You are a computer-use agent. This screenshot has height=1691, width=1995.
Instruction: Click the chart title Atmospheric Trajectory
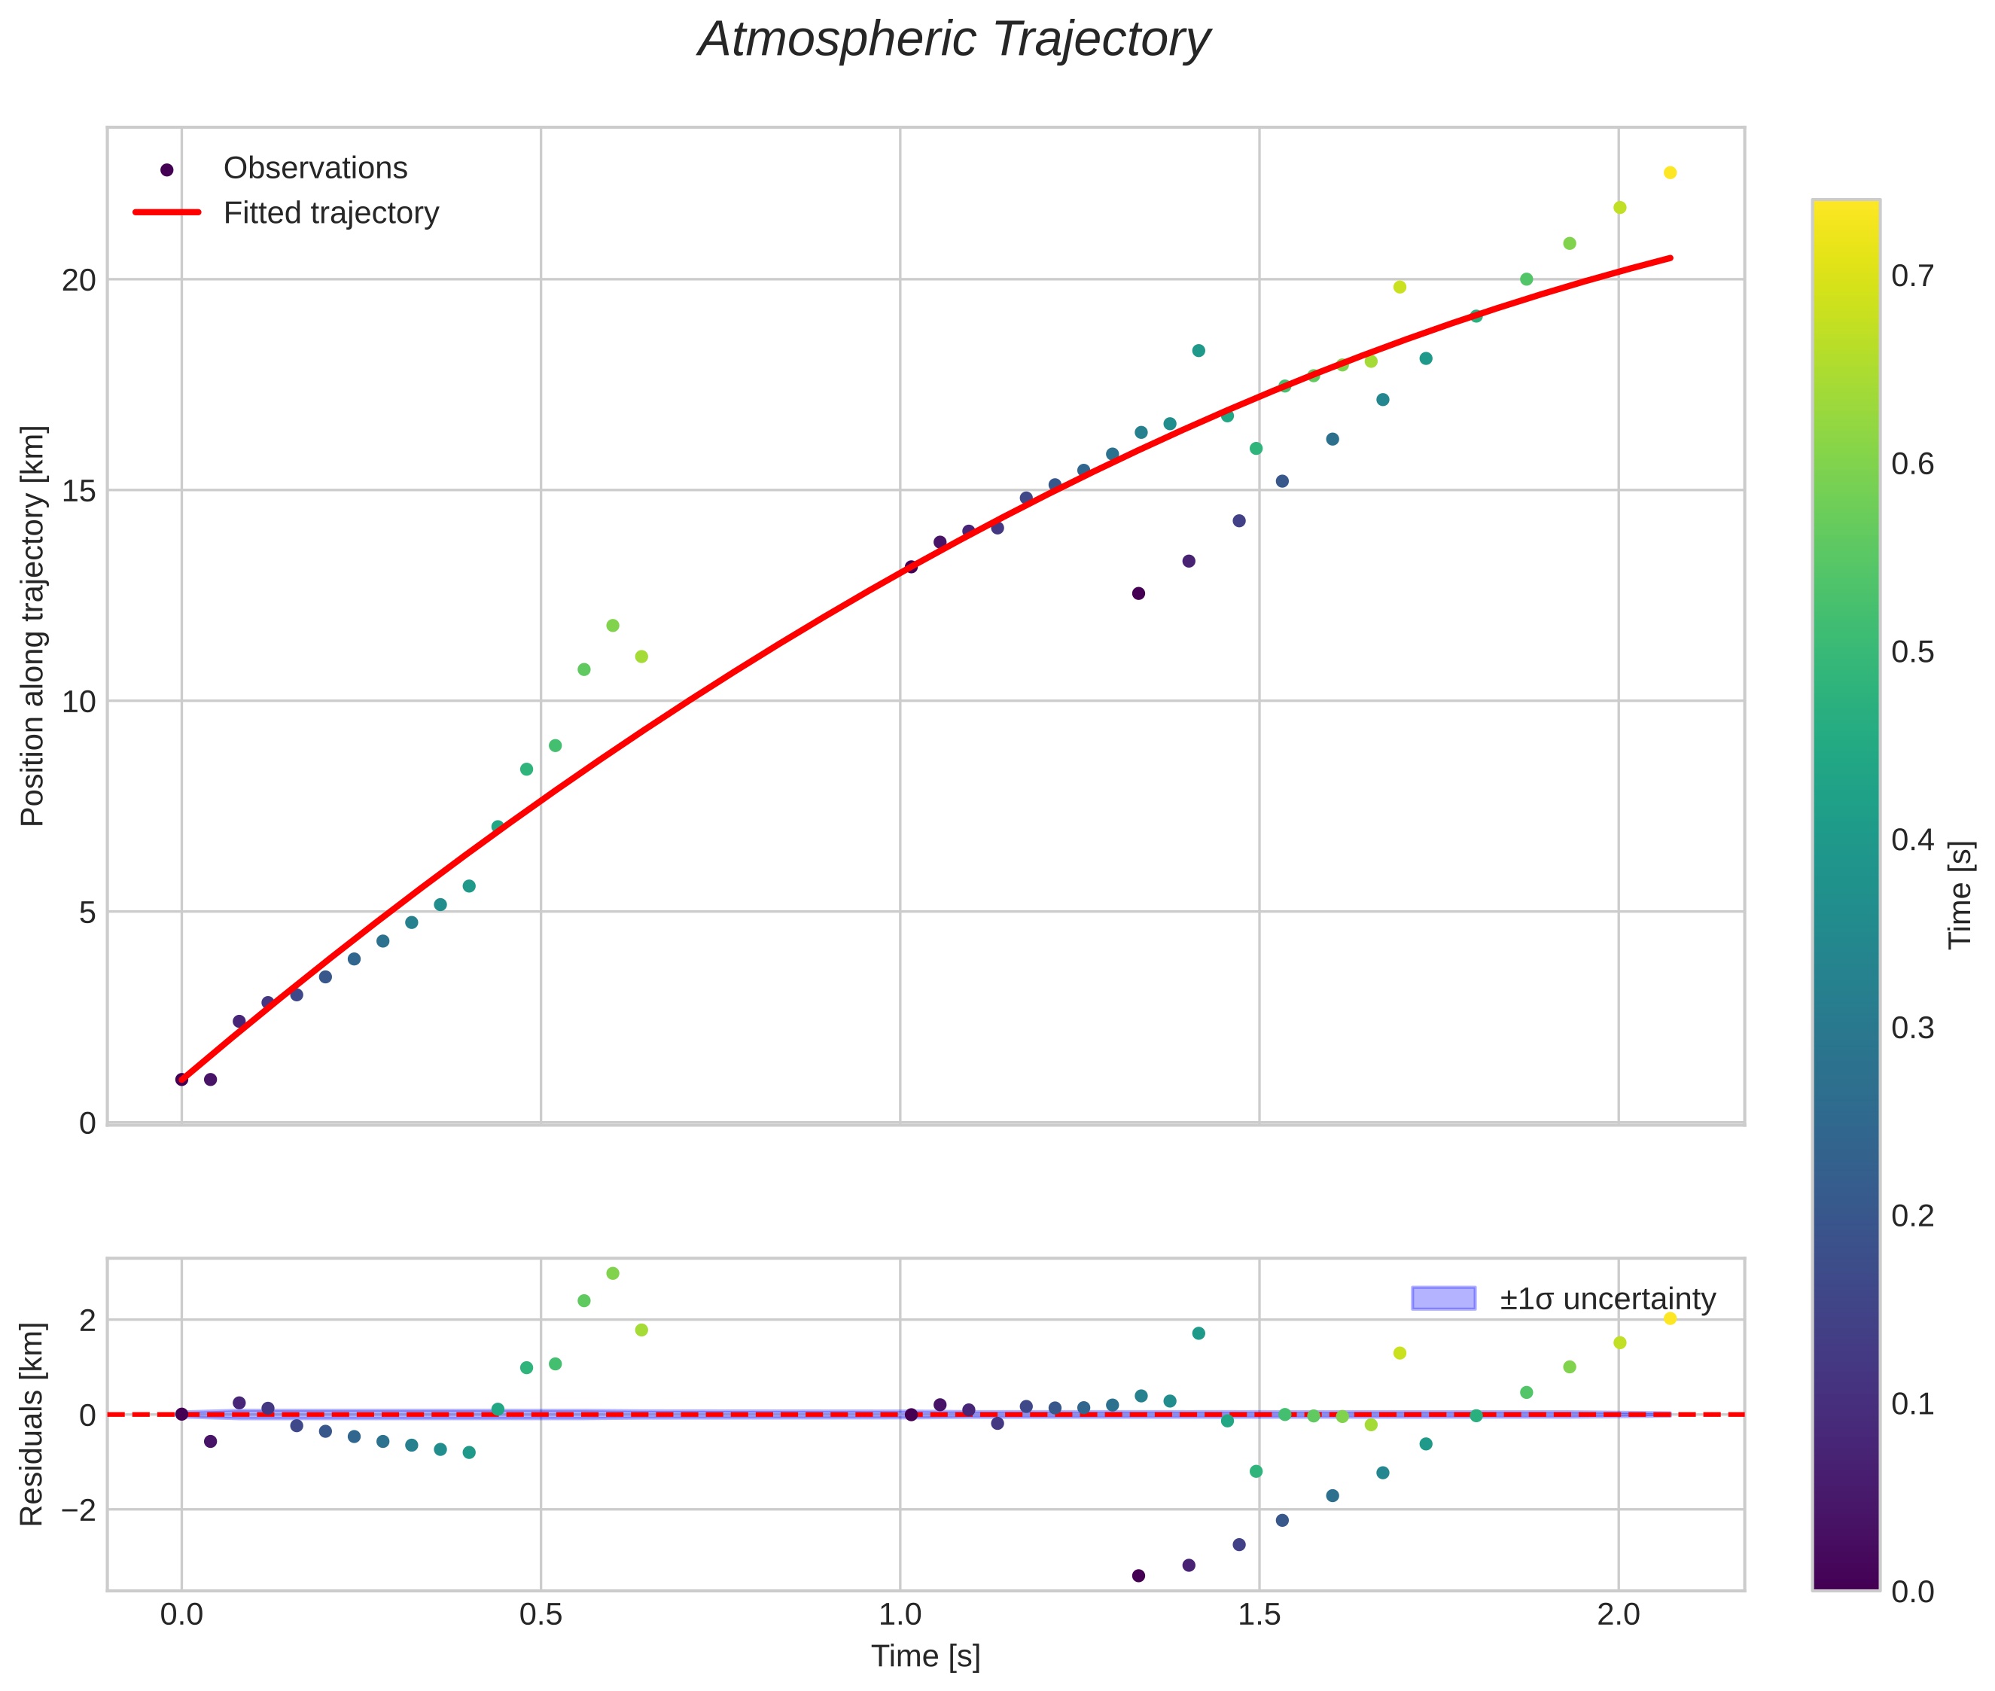coord(953,40)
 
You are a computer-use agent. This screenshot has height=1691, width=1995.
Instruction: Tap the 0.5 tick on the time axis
coord(541,1615)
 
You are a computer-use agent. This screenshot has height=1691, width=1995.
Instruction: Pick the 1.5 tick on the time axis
coord(1259,1615)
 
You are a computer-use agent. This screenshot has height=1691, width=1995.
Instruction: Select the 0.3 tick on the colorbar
coord(1912,1028)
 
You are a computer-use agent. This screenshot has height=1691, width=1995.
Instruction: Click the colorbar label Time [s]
coord(1960,894)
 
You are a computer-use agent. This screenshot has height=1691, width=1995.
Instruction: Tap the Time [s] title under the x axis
coord(925,1656)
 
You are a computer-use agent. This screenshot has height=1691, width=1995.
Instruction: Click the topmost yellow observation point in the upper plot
coord(1670,172)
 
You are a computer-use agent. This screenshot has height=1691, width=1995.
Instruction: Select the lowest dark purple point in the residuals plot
coord(1138,1576)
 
